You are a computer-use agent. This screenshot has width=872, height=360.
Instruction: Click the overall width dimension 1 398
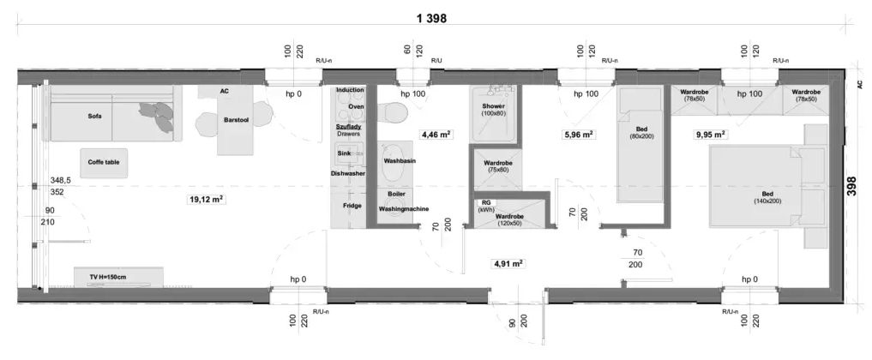pos(431,18)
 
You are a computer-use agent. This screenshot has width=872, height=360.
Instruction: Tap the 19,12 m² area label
pos(207,200)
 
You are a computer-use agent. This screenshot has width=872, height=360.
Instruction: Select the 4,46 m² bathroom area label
pos(436,135)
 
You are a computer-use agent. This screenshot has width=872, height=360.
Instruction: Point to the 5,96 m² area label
pos(579,135)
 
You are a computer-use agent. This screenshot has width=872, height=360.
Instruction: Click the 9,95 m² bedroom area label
pos(711,135)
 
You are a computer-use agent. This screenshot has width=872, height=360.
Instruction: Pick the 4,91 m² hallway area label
pos(508,264)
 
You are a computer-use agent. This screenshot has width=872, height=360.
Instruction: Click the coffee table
pos(104,163)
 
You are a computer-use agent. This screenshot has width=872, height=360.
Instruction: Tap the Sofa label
pos(95,117)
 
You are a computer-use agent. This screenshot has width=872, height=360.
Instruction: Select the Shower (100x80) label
pos(494,110)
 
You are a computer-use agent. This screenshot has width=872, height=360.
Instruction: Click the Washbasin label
pos(400,161)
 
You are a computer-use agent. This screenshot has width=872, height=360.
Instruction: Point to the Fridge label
pos(352,206)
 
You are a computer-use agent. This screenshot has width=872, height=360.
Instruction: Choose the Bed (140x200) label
pos(767,197)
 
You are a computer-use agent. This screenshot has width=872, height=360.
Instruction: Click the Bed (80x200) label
pos(641,133)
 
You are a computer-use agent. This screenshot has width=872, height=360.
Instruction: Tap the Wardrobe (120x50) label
pos(508,219)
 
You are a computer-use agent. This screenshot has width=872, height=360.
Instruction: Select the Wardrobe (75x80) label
pos(497,166)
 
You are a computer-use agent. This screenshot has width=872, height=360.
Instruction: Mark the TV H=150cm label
pos(108,277)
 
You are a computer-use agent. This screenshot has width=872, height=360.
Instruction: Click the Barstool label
pos(236,120)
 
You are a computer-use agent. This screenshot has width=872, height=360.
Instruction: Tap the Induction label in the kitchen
pos(350,90)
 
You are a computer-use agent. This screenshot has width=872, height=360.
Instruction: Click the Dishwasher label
pos(348,173)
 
